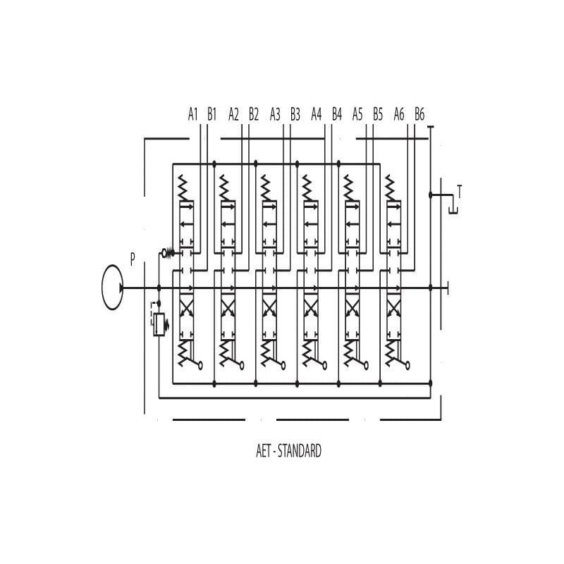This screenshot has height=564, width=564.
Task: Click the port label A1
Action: pos(193,114)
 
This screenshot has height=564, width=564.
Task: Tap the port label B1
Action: pos(212,114)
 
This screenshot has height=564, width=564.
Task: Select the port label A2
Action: pos(235,114)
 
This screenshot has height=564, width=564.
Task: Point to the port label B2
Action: pos(254,114)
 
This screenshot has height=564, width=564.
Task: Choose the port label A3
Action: pos(276,114)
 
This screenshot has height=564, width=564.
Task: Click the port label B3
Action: pos(295,114)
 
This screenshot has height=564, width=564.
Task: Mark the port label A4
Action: pos(317,114)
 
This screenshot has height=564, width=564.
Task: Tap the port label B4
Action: pos(337,114)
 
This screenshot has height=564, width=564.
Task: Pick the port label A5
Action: pos(358,114)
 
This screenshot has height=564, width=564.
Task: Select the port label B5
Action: pos(378,114)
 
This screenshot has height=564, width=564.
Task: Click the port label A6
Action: pos(400,114)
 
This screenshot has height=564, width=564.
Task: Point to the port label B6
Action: pos(419,114)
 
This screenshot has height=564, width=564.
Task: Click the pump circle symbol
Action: pos(113,288)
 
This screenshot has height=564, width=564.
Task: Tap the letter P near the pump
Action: pos(133,259)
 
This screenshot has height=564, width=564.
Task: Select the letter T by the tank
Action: pos(459,190)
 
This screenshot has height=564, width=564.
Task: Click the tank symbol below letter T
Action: pos(453,206)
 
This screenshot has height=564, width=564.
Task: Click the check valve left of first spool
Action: pos(167,252)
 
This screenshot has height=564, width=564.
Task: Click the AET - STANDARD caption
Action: pos(288,451)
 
